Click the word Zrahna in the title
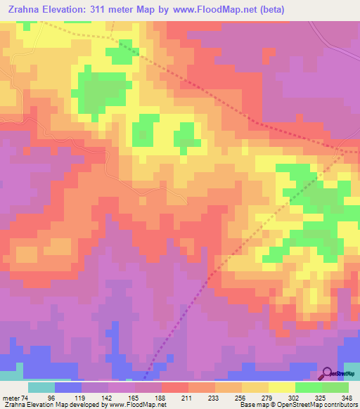22,10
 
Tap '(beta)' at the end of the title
302,10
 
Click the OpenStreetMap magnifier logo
328,375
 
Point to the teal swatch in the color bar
41,387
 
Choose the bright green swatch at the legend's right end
335,387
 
